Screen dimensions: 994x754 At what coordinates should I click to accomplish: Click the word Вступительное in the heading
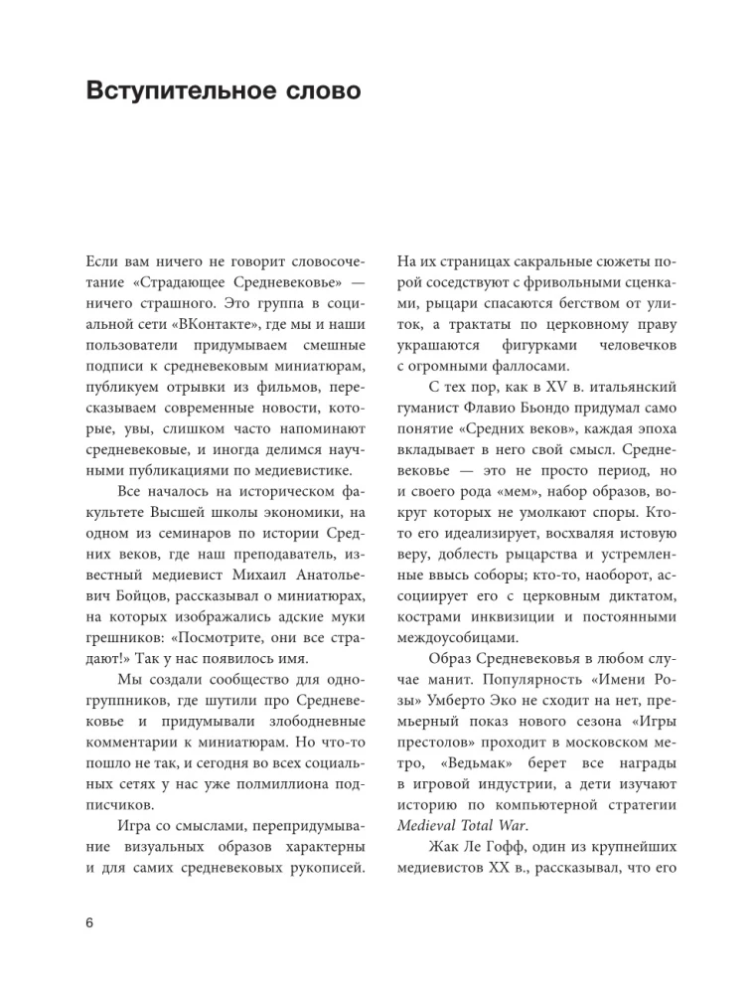[x=181, y=91]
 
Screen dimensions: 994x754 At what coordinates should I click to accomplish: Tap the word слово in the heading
[x=318, y=91]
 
